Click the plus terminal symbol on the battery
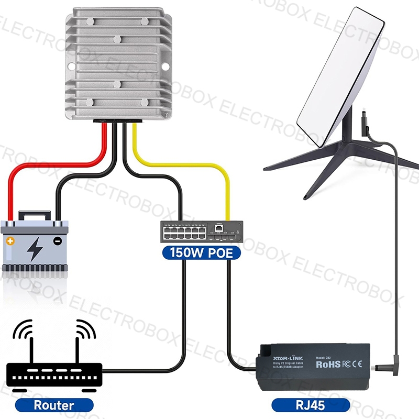point(11,241)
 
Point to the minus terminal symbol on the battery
point(58,241)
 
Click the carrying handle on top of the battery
point(35,215)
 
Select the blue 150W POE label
point(201,253)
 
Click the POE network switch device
point(201,231)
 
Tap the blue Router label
point(54,404)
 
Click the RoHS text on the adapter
point(328,363)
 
